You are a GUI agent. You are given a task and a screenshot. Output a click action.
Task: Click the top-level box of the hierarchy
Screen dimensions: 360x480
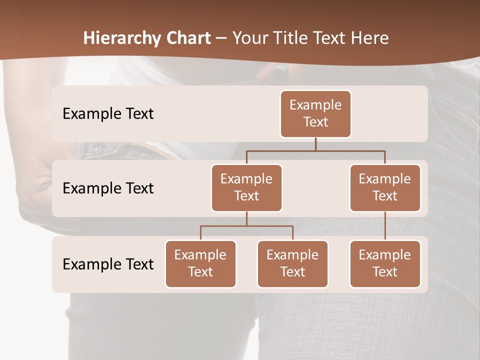[315, 113]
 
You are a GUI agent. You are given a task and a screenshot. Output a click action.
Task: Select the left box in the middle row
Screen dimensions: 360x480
[246, 187]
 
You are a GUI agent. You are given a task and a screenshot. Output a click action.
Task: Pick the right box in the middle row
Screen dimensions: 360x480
[385, 187]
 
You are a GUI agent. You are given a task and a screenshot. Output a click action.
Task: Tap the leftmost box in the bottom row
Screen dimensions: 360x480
[200, 263]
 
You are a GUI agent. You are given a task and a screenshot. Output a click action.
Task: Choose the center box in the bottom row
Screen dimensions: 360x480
[292, 263]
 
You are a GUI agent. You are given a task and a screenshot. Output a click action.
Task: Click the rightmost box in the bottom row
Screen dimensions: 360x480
[385, 263]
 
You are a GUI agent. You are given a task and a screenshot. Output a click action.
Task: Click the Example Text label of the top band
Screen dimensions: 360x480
[108, 113]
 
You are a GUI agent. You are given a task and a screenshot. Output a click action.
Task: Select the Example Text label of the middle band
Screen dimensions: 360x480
[108, 188]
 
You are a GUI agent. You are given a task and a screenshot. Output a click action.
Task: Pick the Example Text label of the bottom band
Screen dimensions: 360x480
[108, 264]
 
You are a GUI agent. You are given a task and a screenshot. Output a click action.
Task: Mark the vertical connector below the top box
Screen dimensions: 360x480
[315, 144]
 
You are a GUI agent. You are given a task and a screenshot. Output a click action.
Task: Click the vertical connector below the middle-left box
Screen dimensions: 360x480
[246, 218]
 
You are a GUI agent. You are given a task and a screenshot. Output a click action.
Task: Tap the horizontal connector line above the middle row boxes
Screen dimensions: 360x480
[315, 150]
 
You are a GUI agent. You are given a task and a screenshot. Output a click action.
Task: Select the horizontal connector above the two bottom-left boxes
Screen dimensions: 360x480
[246, 226]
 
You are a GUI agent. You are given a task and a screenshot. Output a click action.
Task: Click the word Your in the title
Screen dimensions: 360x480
[249, 38]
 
